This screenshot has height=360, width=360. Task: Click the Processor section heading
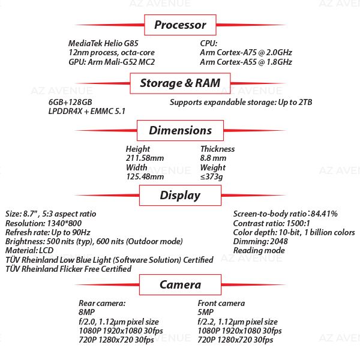[180, 25]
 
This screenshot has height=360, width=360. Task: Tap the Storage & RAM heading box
[180, 83]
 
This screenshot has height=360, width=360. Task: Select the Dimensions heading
[180, 130]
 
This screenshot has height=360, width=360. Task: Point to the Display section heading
[180, 195]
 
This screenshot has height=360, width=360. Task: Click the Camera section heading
[180, 284]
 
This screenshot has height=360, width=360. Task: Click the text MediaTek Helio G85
[103, 43]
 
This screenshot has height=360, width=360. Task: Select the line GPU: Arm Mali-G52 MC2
[112, 62]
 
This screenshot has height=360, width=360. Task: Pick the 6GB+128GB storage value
[70, 102]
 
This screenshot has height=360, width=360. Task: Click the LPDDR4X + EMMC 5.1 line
[87, 112]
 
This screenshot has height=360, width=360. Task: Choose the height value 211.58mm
[145, 158]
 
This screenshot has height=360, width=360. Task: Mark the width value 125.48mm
[145, 177]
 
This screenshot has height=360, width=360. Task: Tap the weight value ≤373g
[212, 177]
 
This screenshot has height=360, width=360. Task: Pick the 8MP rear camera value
[86, 313]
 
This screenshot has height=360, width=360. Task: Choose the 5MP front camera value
[205, 313]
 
